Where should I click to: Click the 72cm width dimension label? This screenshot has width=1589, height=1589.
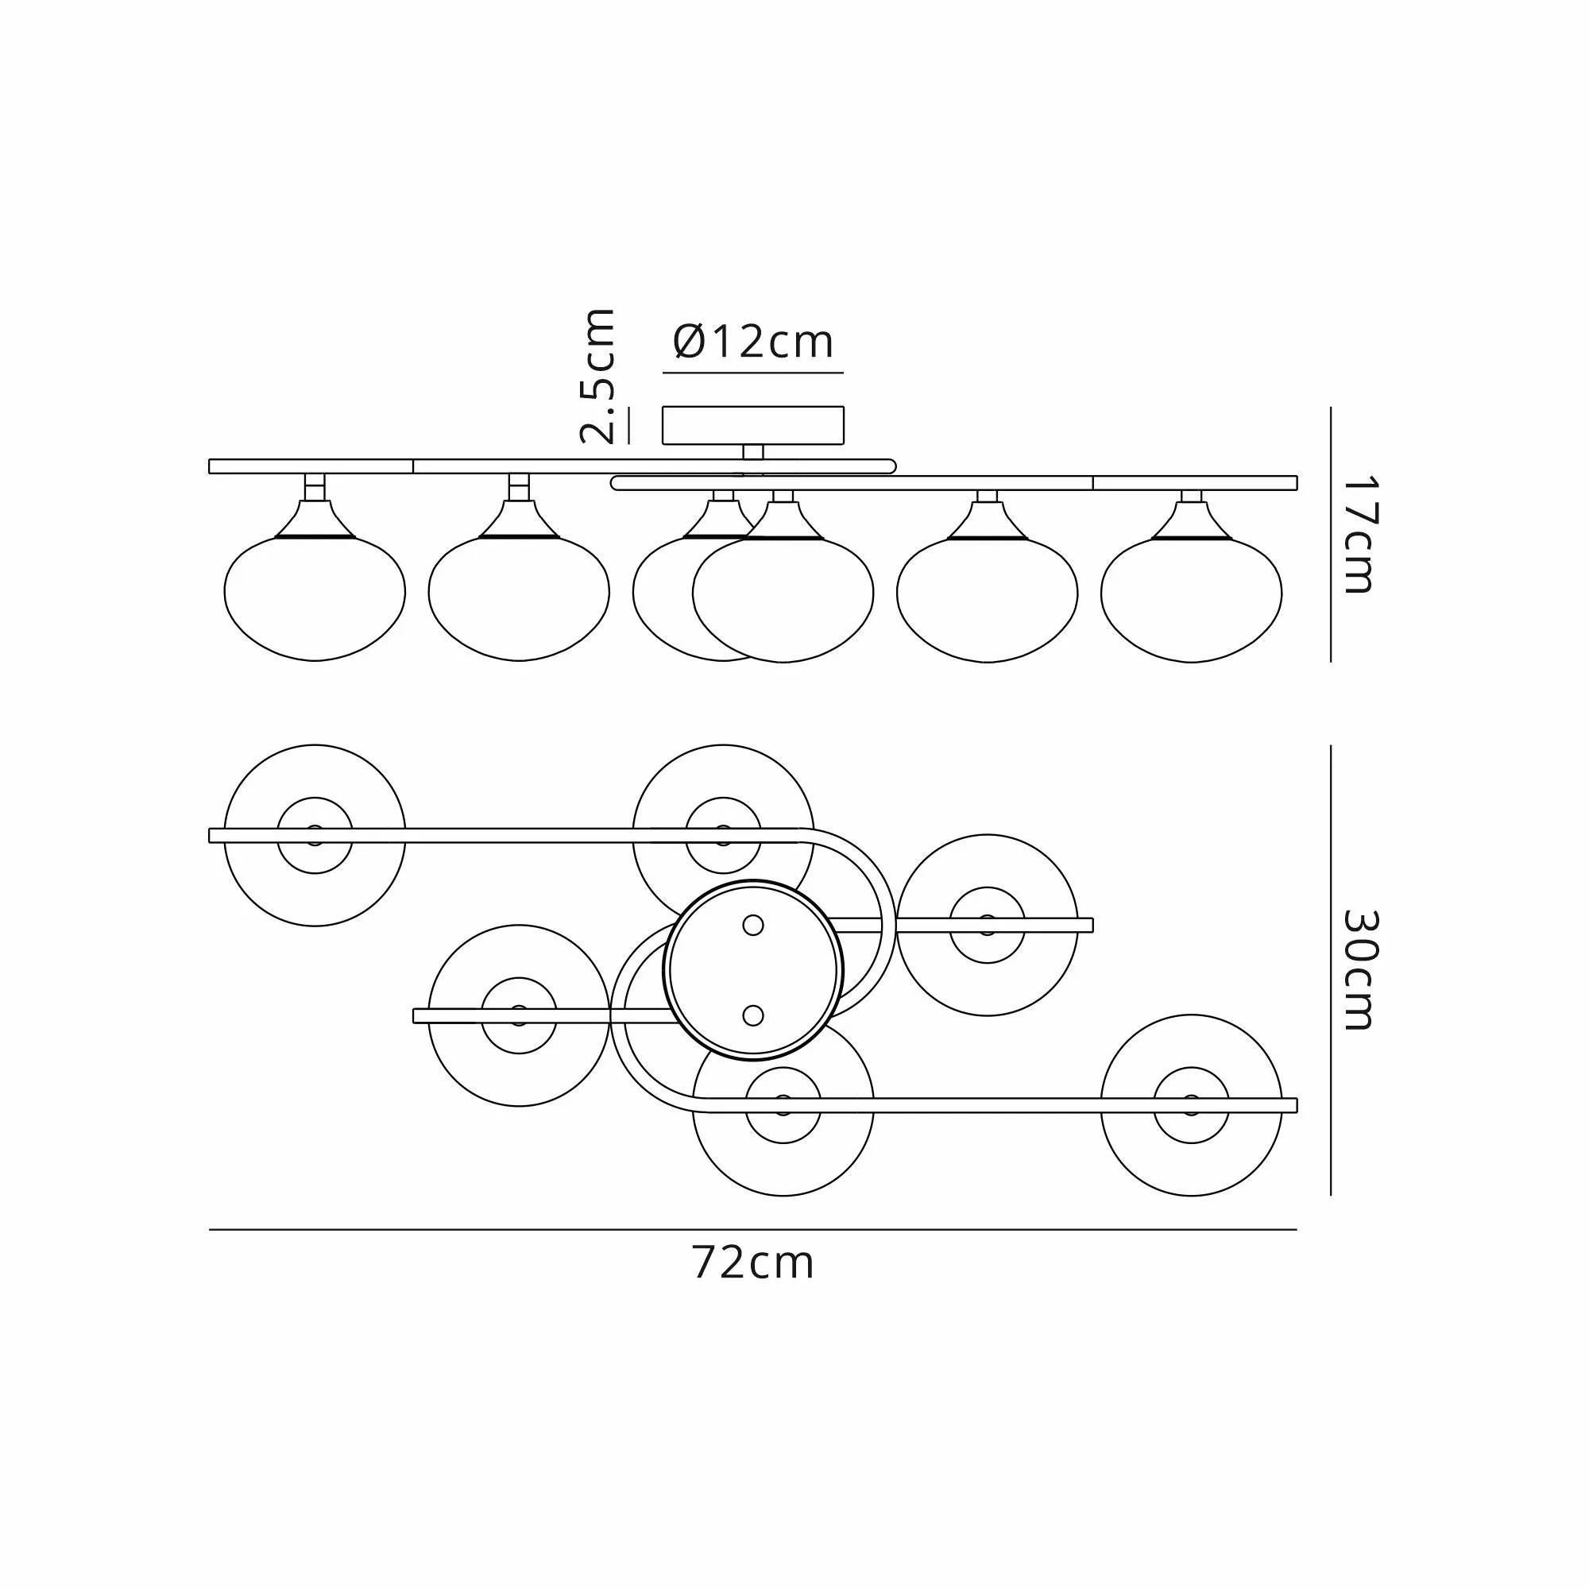(x=752, y=1264)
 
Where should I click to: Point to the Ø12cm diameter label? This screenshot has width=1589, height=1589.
(x=752, y=342)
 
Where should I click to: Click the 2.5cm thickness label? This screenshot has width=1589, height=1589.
(x=598, y=376)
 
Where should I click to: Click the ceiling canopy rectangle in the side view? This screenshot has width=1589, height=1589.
(x=753, y=425)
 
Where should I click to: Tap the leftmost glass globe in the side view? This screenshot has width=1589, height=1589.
(x=315, y=598)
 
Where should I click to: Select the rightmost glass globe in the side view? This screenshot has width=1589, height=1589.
(x=1192, y=600)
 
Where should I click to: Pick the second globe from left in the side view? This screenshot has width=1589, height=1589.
(x=519, y=598)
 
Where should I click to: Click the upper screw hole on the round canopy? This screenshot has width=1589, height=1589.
(x=752, y=926)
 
